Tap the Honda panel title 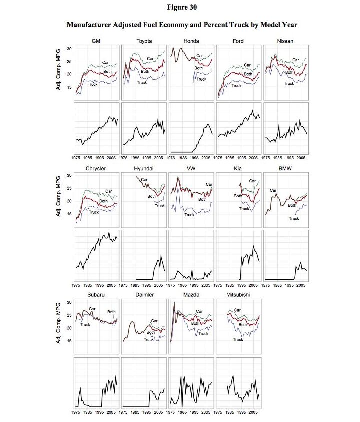191,40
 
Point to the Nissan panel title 285,40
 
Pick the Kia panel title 238,169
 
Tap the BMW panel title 285,169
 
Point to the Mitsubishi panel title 238,295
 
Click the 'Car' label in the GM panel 106,62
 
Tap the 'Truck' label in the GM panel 93,85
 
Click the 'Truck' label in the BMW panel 294,218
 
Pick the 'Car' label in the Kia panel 252,181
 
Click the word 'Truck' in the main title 241,25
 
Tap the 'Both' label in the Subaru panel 111,312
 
